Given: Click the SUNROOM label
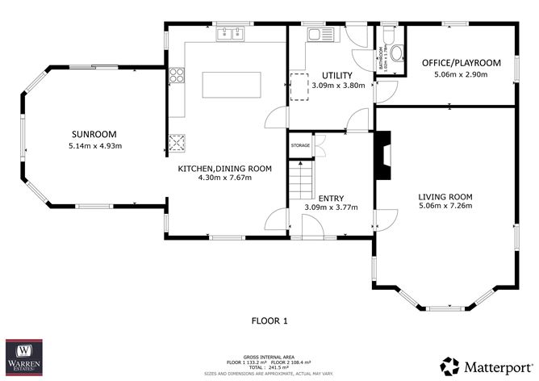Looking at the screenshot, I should pyautogui.click(x=94, y=134).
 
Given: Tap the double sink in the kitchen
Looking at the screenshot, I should pyautogui.click(x=230, y=34).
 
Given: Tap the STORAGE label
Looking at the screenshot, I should pyautogui.click(x=300, y=145).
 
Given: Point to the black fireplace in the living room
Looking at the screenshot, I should pyautogui.click(x=384, y=158).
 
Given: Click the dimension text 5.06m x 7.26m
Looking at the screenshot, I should pyautogui.click(x=445, y=207).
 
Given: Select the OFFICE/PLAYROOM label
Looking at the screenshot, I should pyautogui.click(x=462, y=63).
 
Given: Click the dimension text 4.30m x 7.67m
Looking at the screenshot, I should pyautogui.click(x=224, y=178).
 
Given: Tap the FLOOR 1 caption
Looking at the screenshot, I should pyautogui.click(x=269, y=320).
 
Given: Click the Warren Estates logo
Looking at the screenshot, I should pyautogui.click(x=24, y=356).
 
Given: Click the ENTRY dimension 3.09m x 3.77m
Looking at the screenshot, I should pyautogui.click(x=331, y=207).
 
